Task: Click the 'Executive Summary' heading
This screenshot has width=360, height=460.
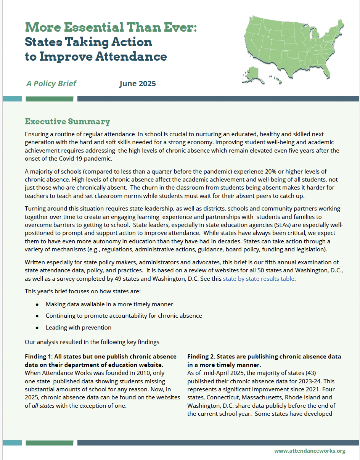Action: point(67,122)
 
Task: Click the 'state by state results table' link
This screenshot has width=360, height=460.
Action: point(258,278)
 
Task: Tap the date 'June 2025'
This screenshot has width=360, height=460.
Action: point(138,84)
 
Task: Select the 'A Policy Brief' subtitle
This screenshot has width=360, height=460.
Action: point(51,84)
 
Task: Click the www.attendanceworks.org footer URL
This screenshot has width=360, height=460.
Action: point(310,451)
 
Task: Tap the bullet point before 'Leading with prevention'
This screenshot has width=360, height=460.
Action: point(37,328)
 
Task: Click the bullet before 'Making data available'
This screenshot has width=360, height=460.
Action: point(37,305)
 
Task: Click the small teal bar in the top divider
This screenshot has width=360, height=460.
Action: point(12,99)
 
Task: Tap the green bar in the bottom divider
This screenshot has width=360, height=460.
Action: point(49,443)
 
